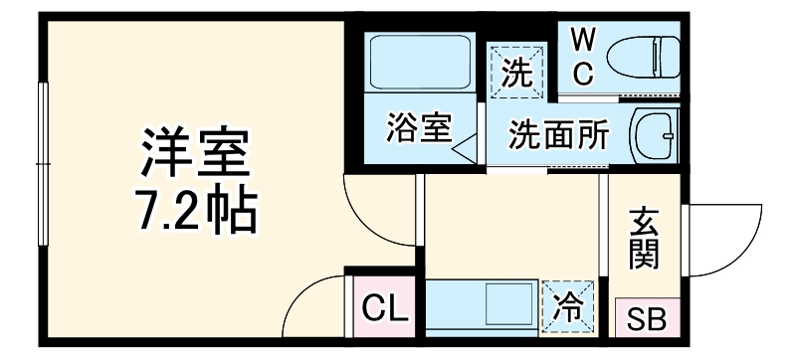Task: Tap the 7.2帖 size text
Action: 193,209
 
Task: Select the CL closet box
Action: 383,310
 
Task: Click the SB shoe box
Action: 648,320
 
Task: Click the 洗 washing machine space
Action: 516,73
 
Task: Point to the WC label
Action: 584,56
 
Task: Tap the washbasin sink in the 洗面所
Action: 655,131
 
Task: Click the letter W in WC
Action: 584,40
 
